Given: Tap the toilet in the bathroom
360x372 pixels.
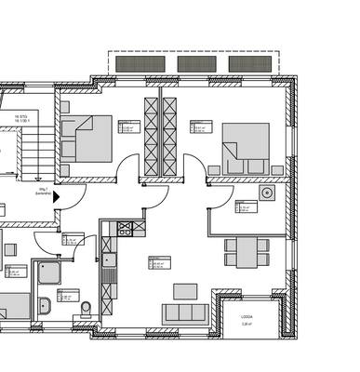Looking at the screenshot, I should tap(85, 308).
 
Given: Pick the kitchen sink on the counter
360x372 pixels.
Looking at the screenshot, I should tap(109, 247).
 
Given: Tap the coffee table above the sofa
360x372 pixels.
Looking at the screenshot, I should tap(186, 290).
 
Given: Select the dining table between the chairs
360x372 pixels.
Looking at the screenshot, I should tap(247, 247).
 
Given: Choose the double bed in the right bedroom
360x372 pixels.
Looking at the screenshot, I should tap(246, 147).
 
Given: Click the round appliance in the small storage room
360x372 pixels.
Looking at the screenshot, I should tap(267, 193).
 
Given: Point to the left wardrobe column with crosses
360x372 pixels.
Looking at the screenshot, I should tap(149, 139).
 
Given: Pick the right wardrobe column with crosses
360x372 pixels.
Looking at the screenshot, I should tap(170, 139).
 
